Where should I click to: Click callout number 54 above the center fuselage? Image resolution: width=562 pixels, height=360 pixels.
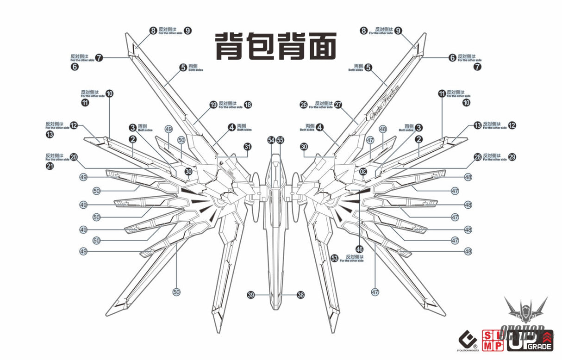click(271, 140)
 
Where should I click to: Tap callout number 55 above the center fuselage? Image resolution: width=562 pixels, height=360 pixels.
click(280, 140)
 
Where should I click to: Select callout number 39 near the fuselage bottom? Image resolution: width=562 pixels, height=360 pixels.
click(250, 295)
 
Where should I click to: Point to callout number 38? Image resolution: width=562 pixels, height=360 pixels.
click(300, 295)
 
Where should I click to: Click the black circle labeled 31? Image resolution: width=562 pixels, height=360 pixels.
click(248, 147)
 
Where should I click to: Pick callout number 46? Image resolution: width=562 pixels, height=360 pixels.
click(360, 249)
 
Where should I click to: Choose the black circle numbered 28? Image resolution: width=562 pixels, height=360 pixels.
click(477, 157)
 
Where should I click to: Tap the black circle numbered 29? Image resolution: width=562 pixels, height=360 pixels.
click(512, 157)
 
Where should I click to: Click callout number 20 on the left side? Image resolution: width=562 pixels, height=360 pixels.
click(74, 157)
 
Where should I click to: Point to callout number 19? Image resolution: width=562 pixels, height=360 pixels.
click(213, 105)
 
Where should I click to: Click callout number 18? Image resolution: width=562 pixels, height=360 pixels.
click(248, 105)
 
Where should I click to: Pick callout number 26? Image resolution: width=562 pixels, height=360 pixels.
click(303, 105)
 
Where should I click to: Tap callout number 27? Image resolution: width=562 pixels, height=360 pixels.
click(338, 105)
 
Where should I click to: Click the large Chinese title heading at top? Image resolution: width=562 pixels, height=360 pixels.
click(275, 46)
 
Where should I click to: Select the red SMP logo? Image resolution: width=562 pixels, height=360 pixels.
click(493, 340)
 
